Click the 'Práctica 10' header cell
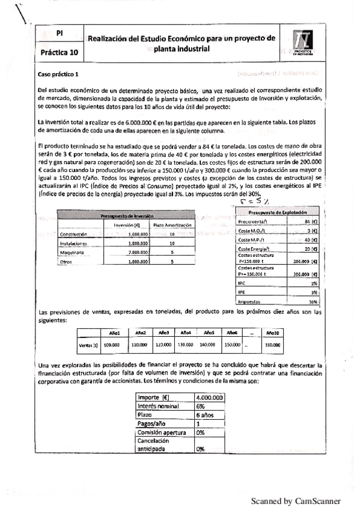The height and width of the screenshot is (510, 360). (x=59, y=52)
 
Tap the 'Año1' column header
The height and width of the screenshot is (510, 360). (x=115, y=333)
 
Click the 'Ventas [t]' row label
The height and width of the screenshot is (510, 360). (x=88, y=345)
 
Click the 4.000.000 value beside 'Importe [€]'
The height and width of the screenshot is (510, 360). (x=210, y=398)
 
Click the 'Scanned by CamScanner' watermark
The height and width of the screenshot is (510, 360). (x=296, y=500)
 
